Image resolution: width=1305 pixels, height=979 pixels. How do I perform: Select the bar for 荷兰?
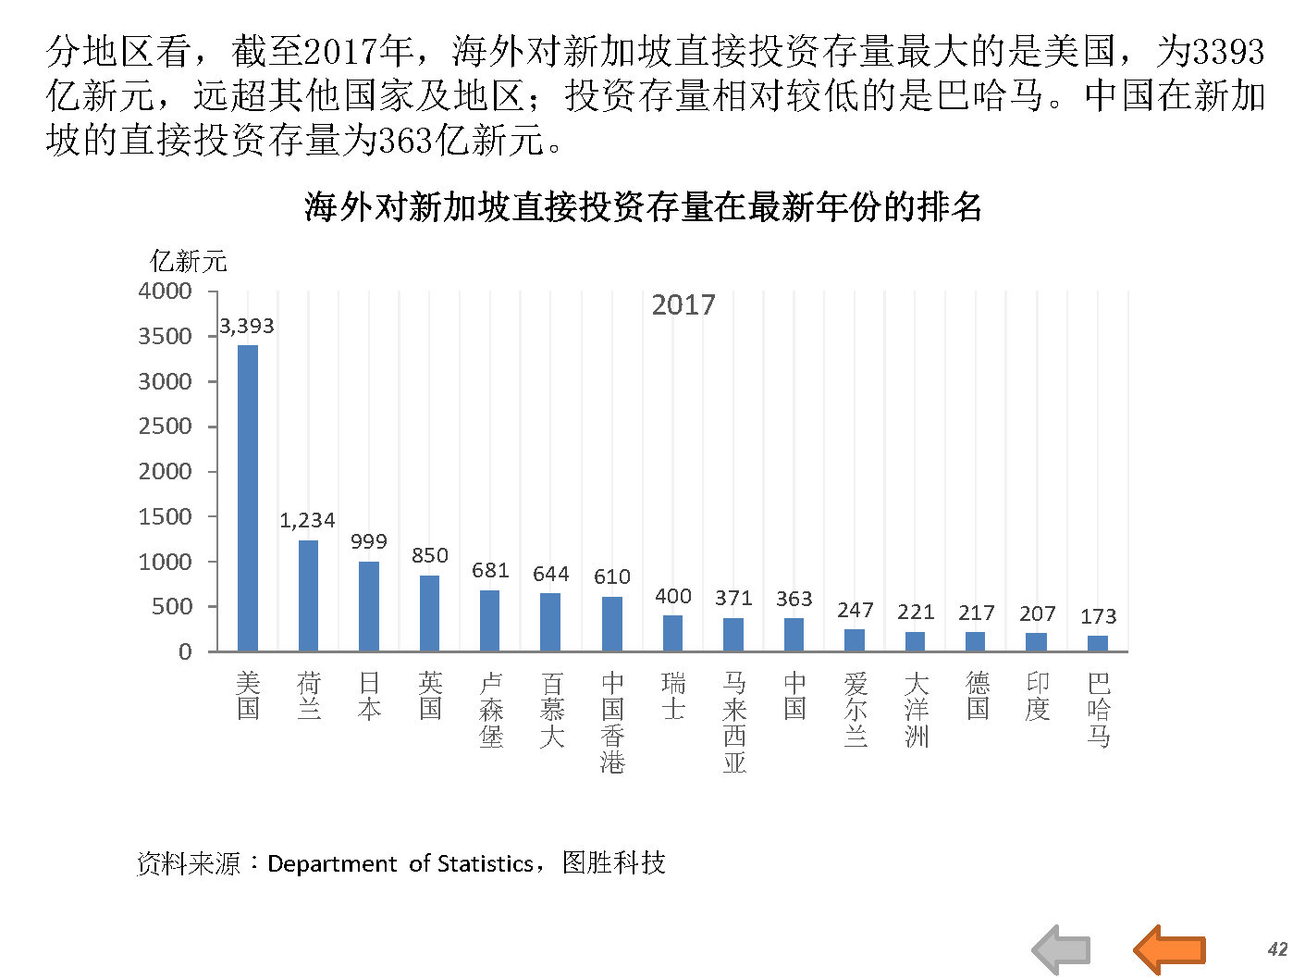click(308, 596)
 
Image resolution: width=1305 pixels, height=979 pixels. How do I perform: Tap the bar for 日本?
click(369, 606)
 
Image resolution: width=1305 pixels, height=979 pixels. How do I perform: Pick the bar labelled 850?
click(429, 613)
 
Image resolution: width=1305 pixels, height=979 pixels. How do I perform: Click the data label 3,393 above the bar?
click(247, 326)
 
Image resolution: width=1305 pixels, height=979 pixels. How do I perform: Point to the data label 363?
click(794, 599)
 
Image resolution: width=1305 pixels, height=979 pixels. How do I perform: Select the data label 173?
click(1098, 616)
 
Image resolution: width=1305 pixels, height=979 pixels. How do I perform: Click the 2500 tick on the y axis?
click(165, 427)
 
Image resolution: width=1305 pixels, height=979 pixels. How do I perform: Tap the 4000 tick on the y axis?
click(165, 291)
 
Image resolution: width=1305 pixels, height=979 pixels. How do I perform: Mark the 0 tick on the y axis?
click(185, 651)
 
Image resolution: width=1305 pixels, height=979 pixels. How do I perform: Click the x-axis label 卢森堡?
click(491, 710)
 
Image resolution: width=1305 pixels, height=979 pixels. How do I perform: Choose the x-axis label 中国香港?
click(612, 723)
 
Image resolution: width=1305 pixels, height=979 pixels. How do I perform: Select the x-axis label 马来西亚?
click(733, 723)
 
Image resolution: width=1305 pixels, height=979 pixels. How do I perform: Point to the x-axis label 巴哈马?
click(1098, 710)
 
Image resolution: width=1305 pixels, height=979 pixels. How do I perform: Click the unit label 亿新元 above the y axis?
click(189, 262)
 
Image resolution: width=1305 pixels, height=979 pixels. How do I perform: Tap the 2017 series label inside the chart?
click(683, 305)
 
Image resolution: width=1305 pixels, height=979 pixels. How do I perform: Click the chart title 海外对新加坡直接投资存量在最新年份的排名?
click(643, 206)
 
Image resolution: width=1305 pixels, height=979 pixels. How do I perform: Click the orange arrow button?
click(1170, 949)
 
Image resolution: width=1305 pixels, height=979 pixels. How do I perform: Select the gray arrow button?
click(1062, 949)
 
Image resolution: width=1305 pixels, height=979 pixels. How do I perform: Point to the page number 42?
click(1277, 949)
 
